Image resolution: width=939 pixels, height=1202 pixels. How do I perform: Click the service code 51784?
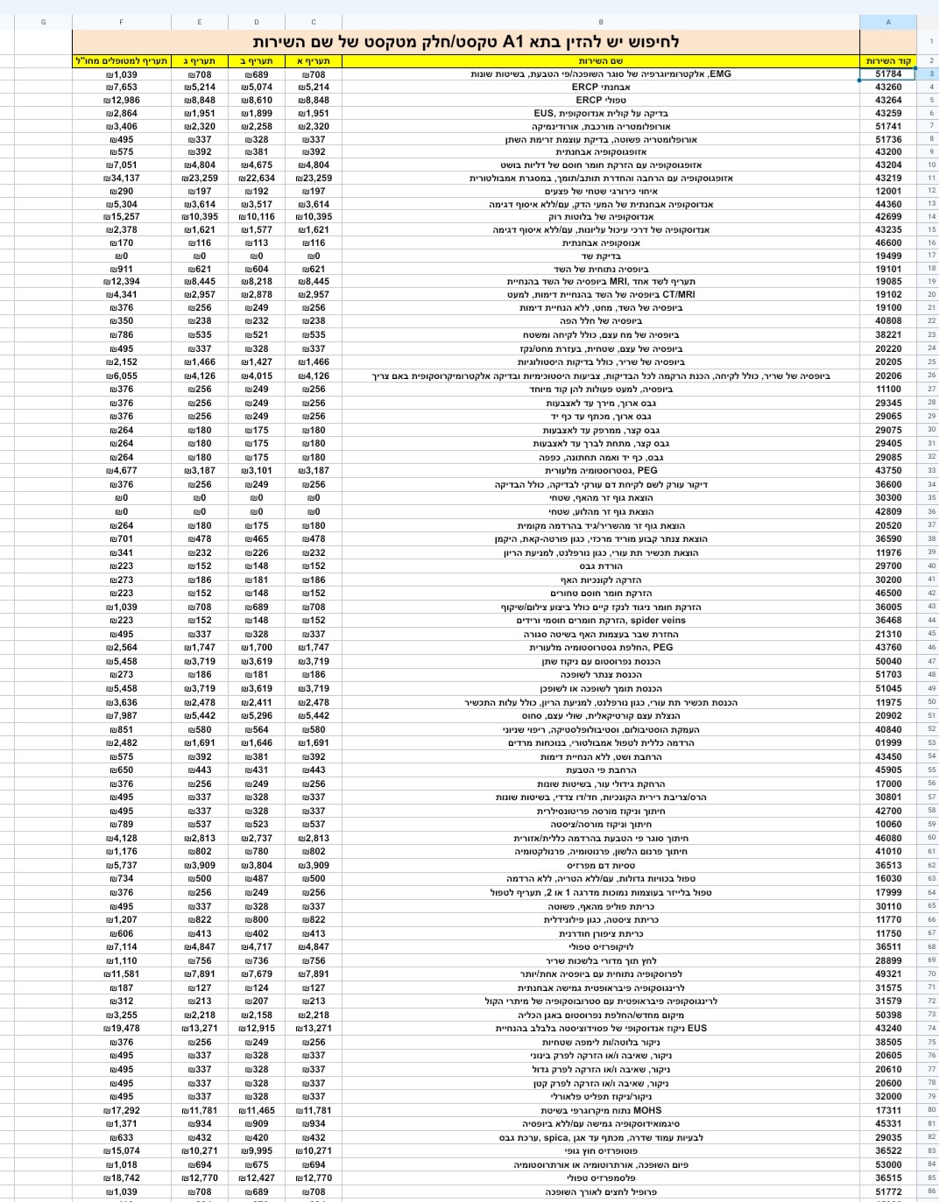tap(887, 74)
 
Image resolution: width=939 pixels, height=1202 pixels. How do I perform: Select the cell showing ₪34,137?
tap(121, 178)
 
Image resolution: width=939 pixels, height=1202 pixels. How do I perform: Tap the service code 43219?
tap(887, 178)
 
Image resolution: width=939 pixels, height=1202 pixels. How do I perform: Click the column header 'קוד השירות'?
tap(888, 61)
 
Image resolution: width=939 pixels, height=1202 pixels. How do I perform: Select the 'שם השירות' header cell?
tap(601, 61)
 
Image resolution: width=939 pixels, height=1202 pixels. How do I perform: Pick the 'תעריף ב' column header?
tap(257, 61)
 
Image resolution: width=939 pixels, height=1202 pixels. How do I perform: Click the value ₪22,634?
tap(257, 178)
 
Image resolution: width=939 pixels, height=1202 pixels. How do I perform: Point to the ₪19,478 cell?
tap(121, 1029)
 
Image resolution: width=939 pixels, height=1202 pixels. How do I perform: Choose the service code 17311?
tap(887, 1110)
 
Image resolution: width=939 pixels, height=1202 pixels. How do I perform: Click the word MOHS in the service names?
tap(647, 1110)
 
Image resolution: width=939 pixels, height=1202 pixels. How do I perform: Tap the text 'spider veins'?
tap(658, 620)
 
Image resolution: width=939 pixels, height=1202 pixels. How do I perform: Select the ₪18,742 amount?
tap(121, 1177)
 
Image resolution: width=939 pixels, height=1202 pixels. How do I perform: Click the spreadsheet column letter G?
tap(43, 22)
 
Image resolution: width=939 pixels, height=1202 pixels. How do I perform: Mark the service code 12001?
tap(887, 191)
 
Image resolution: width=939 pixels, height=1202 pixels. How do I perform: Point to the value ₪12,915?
tap(257, 1029)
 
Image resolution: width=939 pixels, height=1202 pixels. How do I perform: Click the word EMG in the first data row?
tap(719, 74)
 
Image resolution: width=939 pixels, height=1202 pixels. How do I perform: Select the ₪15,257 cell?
tap(121, 216)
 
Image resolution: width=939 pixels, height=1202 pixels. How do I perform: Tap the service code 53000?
tap(887, 1164)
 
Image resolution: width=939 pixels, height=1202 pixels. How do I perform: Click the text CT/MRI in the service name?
tap(679, 294)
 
